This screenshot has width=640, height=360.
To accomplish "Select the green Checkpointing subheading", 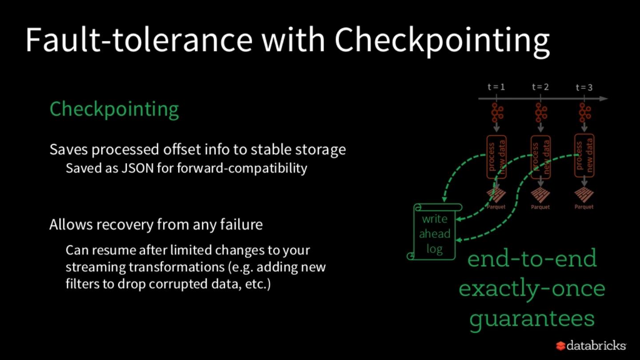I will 114,109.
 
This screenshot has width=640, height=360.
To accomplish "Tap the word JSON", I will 136,169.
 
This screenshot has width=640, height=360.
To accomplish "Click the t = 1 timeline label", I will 496,87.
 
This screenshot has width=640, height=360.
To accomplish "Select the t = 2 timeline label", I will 540,87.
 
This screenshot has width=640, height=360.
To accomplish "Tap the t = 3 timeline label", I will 584,87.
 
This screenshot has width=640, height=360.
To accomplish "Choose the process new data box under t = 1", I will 496,157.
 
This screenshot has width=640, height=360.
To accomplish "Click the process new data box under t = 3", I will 584,156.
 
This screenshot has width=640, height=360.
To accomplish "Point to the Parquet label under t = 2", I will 540,207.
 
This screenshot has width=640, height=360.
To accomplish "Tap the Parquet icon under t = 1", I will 496,195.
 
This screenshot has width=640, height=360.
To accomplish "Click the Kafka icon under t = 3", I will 584,112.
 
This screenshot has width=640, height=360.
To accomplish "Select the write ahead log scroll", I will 434,232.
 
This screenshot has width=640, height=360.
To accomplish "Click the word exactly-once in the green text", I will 532,288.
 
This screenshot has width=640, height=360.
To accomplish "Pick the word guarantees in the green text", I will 532,319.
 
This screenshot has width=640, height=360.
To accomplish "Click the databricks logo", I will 591,345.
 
